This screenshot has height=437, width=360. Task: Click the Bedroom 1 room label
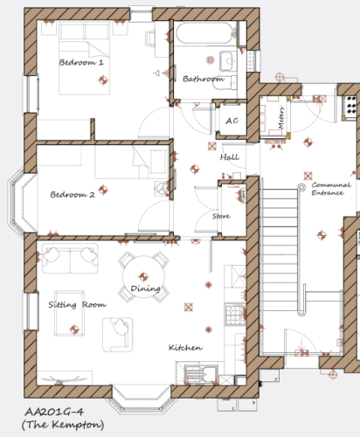81,62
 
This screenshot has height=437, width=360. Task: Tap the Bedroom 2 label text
73,194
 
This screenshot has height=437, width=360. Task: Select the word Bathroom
204,79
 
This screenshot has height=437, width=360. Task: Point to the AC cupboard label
232,121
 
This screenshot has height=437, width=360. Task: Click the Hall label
230,157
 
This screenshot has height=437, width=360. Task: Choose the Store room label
221,216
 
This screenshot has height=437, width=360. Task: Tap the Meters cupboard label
280,118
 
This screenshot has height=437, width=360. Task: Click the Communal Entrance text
331,189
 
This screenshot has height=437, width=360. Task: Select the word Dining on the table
145,288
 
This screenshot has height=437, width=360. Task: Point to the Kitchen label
185,347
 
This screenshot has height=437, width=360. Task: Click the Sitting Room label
77,305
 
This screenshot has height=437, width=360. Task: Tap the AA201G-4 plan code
54,412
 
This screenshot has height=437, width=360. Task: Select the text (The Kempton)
63,425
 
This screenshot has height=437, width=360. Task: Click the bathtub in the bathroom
204,32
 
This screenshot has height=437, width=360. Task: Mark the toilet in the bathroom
225,83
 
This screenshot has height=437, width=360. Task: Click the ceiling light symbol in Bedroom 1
102,80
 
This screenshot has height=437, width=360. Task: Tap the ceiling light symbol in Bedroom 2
102,190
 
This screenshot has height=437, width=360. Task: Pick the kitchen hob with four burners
235,315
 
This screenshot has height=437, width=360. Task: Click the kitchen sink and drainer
201,374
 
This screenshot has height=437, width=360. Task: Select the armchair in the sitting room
118,335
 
